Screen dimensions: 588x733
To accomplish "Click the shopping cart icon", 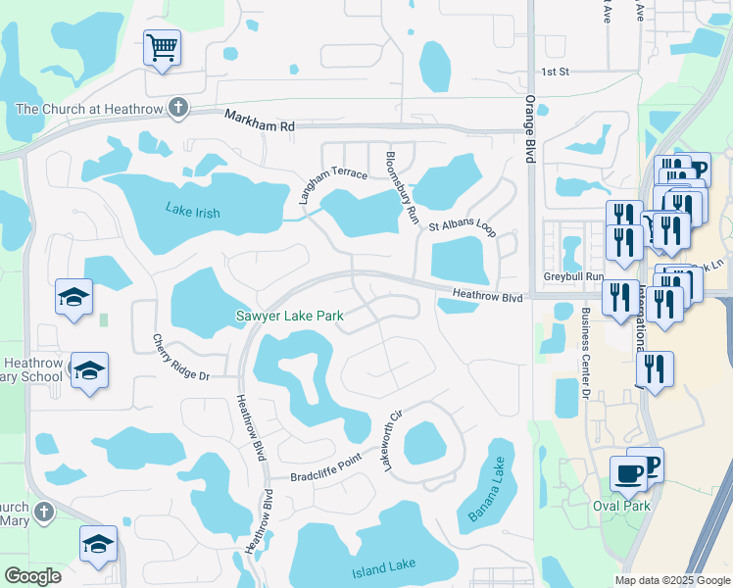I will [x=162, y=46].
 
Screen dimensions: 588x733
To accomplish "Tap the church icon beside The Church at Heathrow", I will [x=177, y=107].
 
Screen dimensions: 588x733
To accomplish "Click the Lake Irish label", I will [x=192, y=212].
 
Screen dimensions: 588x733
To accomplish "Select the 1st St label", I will [x=556, y=72].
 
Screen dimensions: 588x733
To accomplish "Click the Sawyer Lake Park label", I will [x=289, y=316].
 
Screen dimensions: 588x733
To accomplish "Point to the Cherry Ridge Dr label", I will [x=181, y=358].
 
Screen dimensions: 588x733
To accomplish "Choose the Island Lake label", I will [x=383, y=565].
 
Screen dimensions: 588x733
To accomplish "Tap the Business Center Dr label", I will [x=584, y=353].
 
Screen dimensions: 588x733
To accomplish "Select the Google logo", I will [x=32, y=575].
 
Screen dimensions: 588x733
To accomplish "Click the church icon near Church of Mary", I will [x=43, y=512].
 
